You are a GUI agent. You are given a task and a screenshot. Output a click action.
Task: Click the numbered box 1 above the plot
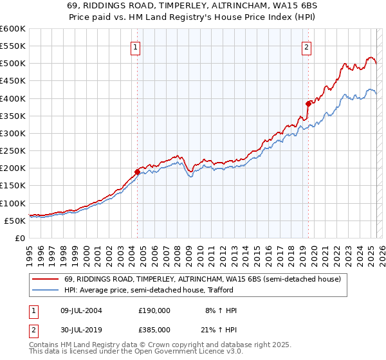click(136, 46)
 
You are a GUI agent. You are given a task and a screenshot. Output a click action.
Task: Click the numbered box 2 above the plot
click(307, 46)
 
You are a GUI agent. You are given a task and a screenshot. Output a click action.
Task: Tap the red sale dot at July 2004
click(137, 172)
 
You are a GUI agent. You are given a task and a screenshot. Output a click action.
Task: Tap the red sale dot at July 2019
click(308, 104)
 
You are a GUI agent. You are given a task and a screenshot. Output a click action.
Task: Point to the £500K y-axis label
click(12, 64)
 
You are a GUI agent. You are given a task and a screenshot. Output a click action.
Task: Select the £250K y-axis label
click(12, 151)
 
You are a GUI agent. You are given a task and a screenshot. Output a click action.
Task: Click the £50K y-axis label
click(15, 221)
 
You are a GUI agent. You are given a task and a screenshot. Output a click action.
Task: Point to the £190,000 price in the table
click(154, 310)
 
